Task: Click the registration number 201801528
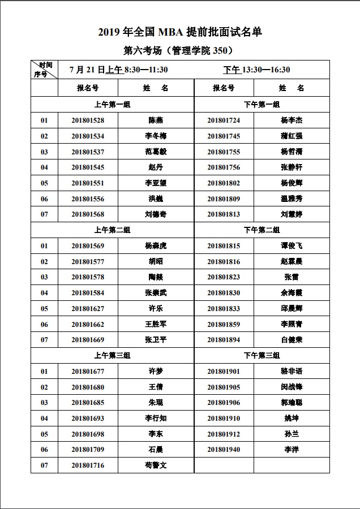88,120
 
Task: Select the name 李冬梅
156,136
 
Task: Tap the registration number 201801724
224,120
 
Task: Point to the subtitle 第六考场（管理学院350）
179,50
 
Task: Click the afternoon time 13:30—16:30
266,70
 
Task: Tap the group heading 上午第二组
112,230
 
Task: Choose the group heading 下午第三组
262,356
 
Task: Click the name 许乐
156,309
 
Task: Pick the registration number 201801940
224,450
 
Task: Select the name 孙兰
292,434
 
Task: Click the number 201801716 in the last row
88,465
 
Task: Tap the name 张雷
292,277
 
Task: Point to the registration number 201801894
224,340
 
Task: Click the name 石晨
156,450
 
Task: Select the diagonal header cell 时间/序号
44,70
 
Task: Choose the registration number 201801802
224,183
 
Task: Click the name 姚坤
292,419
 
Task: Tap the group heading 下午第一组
262,105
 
